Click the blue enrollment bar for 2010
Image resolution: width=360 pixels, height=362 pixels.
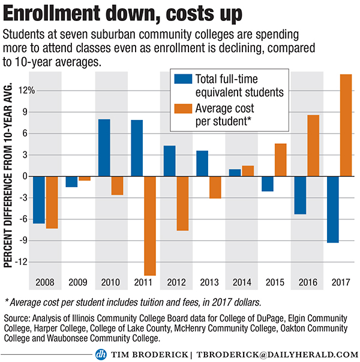(104, 147)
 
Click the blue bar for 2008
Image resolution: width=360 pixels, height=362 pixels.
(39, 200)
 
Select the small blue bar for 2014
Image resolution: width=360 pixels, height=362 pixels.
(235, 173)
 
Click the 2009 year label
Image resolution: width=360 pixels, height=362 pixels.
(79, 282)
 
